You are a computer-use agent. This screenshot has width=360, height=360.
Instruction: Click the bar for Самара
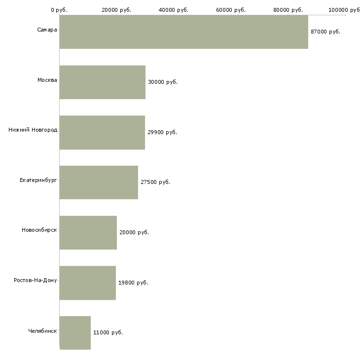[183, 32]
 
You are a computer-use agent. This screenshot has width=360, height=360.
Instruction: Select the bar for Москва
[103, 82]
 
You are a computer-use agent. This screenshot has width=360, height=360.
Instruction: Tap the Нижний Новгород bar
[102, 133]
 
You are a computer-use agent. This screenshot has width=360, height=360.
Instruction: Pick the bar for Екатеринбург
[99, 182]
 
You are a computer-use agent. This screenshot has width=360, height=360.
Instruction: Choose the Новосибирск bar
[88, 233]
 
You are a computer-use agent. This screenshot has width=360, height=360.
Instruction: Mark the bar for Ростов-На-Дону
[88, 283]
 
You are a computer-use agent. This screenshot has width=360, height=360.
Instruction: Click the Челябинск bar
[75, 333]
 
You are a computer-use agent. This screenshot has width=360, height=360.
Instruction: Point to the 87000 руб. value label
[325, 32]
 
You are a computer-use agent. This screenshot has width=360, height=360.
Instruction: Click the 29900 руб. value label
[162, 132]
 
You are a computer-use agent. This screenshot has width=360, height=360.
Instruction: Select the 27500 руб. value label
[155, 182]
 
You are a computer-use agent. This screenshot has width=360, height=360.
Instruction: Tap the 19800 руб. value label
[133, 283]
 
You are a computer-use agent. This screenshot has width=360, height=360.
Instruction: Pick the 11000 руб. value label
[108, 332]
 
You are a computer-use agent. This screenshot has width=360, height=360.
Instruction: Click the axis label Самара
[47, 30]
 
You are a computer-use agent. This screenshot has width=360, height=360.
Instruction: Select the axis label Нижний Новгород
[33, 130]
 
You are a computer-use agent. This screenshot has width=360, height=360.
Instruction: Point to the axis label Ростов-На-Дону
[36, 280]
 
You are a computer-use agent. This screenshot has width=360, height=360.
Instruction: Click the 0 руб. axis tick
[59, 10]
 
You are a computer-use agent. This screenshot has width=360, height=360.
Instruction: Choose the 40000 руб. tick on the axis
[174, 10]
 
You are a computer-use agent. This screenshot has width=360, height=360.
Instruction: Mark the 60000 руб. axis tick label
[231, 10]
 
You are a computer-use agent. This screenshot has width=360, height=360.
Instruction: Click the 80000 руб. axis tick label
[288, 10]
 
